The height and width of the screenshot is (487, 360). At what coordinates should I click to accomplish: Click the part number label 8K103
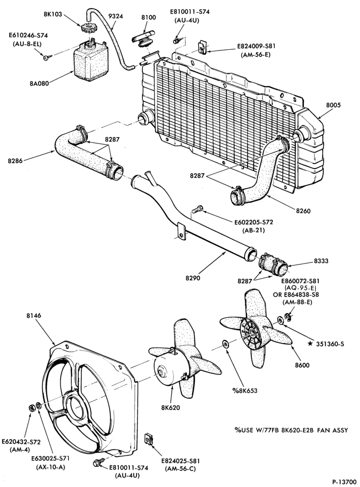coord(53,14)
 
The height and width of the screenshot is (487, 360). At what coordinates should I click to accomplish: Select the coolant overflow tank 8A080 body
coord(90,63)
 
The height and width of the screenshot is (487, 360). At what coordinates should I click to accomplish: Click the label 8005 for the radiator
coord(333,105)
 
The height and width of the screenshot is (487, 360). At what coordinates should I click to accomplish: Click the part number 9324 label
coord(115,16)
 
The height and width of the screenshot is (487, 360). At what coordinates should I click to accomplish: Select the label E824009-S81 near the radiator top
coord(256,46)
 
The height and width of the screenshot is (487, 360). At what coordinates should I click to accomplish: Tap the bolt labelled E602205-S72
coord(197,209)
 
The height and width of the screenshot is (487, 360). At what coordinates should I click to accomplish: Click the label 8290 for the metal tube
coord(193,278)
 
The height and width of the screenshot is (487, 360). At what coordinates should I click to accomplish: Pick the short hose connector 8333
coord(274,265)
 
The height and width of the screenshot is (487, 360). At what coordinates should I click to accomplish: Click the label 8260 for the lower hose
coord(303,211)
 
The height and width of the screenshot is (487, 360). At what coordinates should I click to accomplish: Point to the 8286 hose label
coord(15,161)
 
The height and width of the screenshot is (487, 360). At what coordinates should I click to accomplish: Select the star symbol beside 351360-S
coord(310,344)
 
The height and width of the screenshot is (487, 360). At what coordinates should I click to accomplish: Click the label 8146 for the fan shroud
coord(34,315)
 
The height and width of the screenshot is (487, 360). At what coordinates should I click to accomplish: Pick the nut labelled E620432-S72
coord(31,407)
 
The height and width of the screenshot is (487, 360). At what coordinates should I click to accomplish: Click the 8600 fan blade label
coord(302,365)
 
